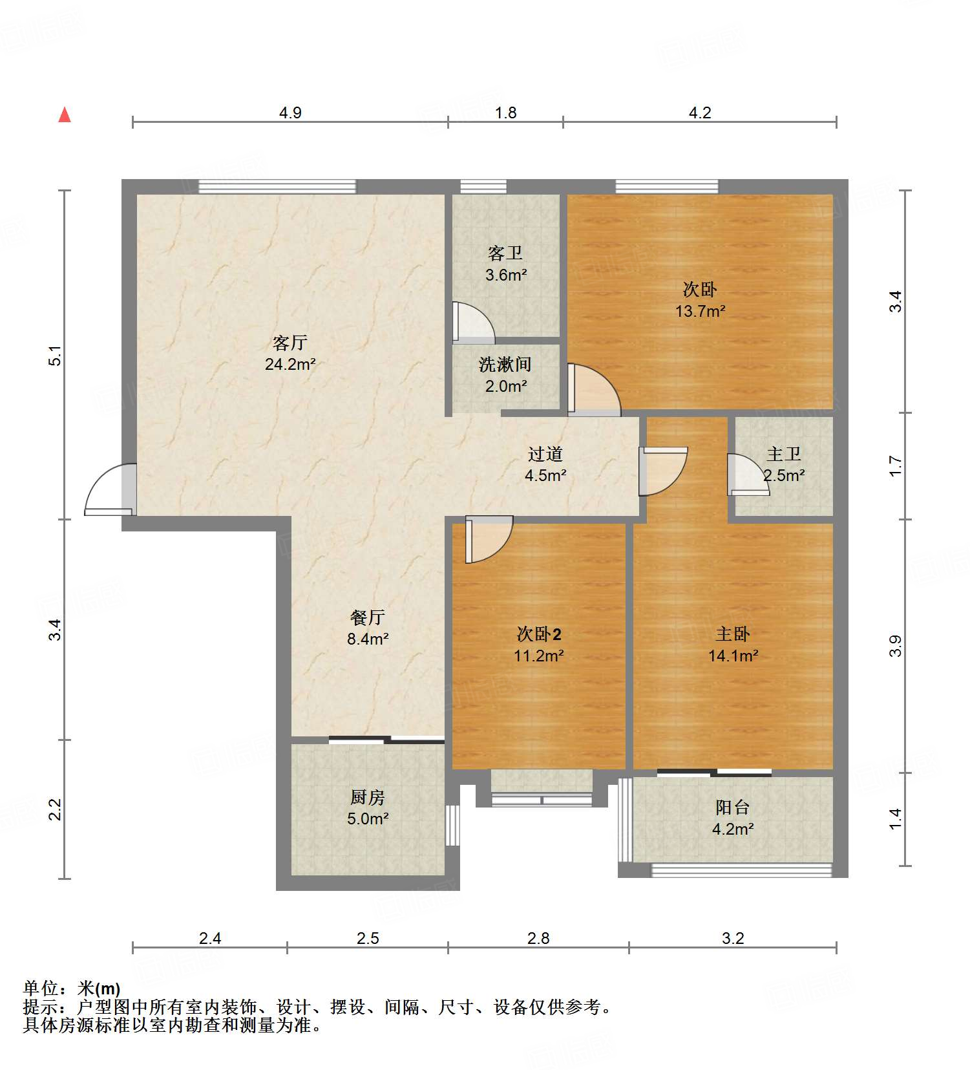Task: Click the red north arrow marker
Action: coord(65,115)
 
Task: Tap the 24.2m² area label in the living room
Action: coord(290,365)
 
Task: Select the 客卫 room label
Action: coord(505,253)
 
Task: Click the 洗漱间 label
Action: coord(505,365)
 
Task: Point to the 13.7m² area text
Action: coord(700,312)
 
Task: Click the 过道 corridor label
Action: coord(545,454)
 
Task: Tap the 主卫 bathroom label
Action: coord(783,455)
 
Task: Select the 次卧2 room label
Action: coord(539,634)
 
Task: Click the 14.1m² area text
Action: coord(733,656)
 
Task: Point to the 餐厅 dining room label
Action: coord(368,617)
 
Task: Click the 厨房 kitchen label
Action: coord(368,797)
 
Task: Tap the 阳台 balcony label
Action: coord(733,808)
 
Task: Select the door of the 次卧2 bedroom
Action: coord(488,539)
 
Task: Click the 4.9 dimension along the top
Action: coord(290,113)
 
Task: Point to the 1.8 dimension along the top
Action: coord(505,113)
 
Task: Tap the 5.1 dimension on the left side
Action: coord(56,356)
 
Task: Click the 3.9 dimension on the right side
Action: coord(895,646)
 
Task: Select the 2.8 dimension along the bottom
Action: coord(538,938)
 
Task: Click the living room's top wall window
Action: coord(277,187)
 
